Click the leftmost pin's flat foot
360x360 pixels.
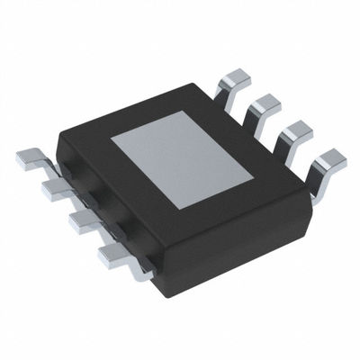point(29,161)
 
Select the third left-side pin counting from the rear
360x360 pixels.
point(82,221)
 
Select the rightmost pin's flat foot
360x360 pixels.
point(331,160)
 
